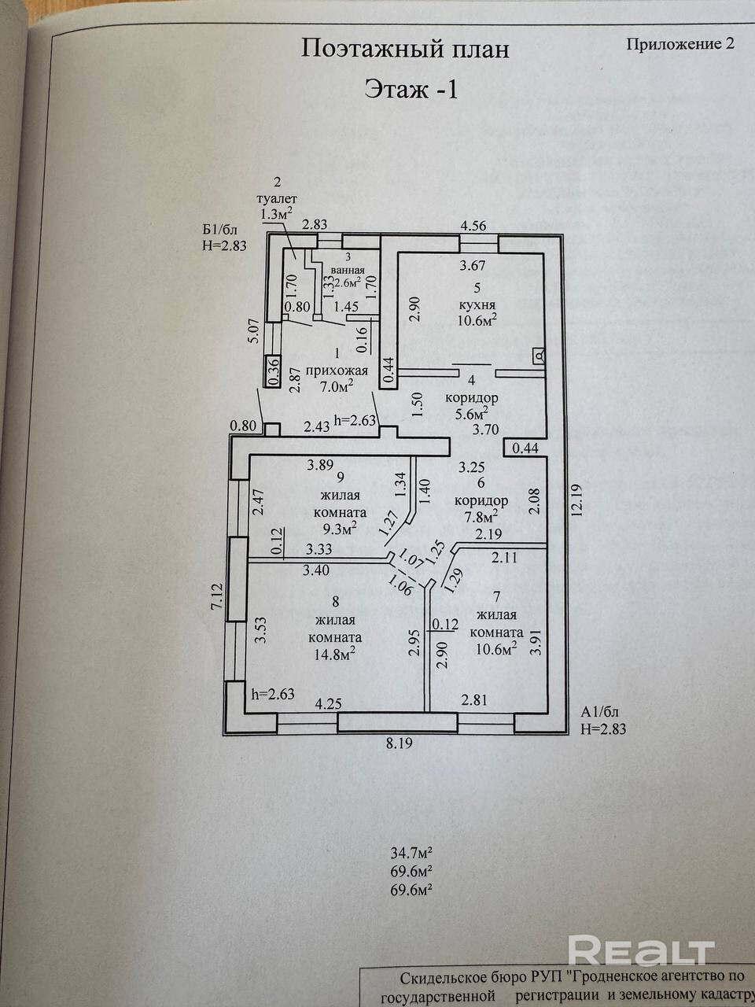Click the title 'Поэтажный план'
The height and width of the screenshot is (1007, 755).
click(x=405, y=50)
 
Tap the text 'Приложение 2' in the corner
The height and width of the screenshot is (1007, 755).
click(x=681, y=44)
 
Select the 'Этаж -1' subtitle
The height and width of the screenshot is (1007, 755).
click(x=411, y=90)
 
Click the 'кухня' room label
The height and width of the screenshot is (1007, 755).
click(x=477, y=304)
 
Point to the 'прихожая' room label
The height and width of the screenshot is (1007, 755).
click(x=337, y=371)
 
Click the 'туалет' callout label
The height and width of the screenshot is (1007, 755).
click(x=277, y=199)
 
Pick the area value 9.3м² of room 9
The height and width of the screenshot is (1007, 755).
click(x=340, y=529)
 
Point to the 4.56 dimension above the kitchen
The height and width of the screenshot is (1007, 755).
click(x=473, y=226)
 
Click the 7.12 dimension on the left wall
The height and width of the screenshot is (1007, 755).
click(x=215, y=596)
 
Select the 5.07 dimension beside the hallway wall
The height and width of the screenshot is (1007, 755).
click(x=255, y=330)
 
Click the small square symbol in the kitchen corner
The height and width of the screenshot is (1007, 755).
click(x=539, y=356)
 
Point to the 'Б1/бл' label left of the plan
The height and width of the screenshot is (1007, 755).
click(x=220, y=230)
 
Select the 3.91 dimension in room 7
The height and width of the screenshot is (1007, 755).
click(x=538, y=644)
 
